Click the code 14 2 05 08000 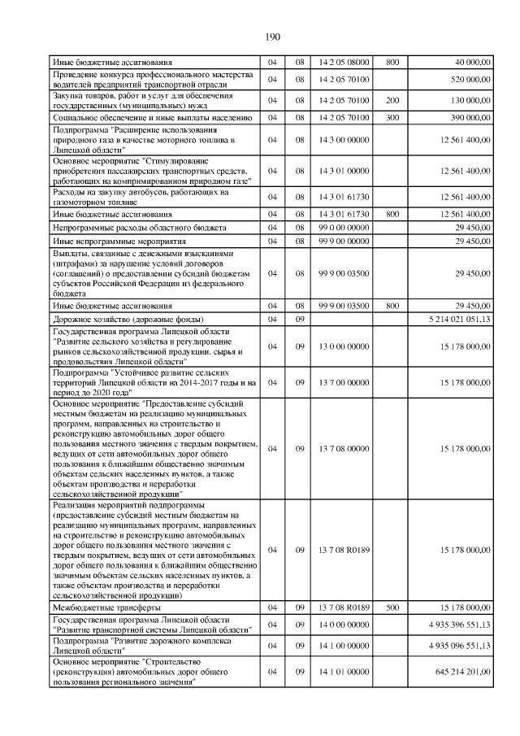point(344,62)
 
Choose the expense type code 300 point(392,118)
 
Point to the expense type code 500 point(392,608)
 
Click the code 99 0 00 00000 point(344,227)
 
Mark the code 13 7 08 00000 point(344,448)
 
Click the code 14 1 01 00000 point(344,673)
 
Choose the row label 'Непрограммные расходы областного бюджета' point(139,227)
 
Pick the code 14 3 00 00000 point(344,140)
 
